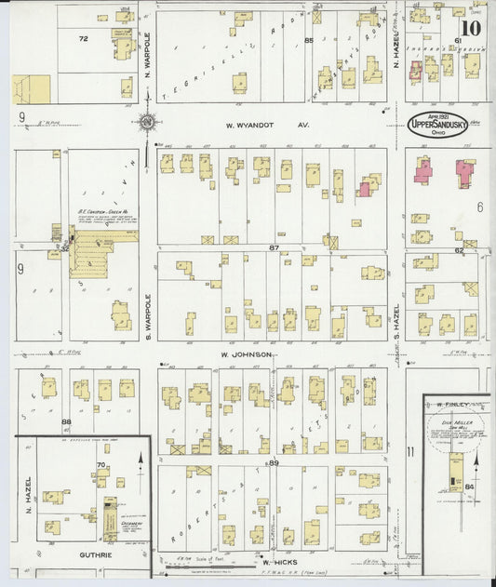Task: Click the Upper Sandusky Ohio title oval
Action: (439, 125)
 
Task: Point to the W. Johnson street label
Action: (246, 354)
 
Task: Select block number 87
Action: (274, 247)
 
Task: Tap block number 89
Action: (274, 462)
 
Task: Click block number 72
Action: (83, 39)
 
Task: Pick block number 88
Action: (66, 421)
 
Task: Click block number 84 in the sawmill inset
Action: (469, 486)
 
